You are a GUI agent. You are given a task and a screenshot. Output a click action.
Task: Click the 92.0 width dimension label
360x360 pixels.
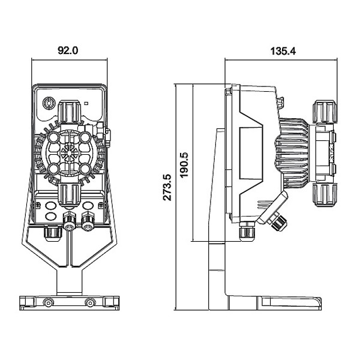click(68, 51)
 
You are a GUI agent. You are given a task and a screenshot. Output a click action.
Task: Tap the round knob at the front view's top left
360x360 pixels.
click(48, 103)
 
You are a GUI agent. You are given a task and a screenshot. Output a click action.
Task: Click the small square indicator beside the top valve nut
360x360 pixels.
click(86, 103)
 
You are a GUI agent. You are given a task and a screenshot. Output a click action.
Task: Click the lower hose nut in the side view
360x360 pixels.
click(325, 193)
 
